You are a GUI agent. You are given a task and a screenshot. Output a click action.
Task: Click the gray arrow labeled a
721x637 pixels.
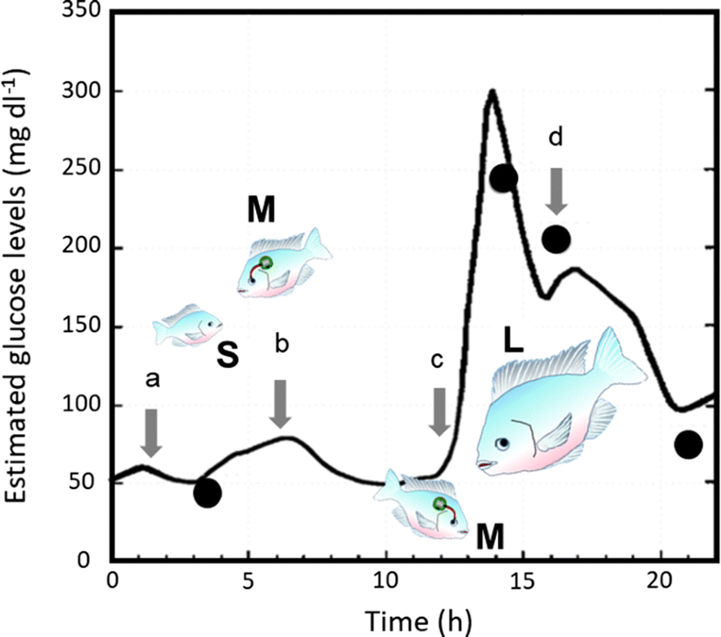152,432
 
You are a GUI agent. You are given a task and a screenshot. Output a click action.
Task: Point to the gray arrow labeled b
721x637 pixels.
281,404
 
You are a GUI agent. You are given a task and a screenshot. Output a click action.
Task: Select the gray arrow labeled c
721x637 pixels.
439,411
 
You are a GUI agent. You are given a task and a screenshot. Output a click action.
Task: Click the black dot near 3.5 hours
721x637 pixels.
208,493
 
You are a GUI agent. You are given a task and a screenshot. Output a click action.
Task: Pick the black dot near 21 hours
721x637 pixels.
688,444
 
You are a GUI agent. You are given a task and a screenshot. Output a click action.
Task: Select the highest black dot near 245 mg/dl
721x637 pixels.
504,178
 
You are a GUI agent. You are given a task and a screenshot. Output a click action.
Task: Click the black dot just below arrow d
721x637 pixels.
557,240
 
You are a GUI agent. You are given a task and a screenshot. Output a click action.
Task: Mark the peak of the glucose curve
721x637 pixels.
492,91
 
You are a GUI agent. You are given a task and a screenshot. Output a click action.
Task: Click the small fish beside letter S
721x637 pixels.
188,325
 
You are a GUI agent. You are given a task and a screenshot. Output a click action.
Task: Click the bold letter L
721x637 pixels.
513,342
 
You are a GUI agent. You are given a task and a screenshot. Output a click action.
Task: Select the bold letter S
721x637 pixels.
228,355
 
